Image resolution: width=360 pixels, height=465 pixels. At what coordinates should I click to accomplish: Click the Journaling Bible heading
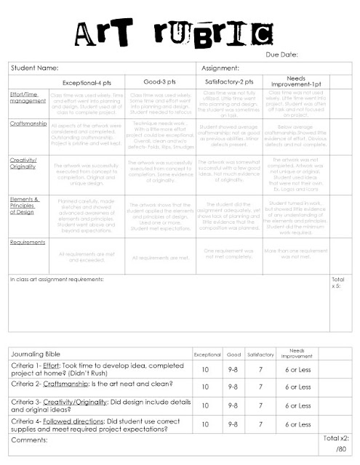tap(40, 354)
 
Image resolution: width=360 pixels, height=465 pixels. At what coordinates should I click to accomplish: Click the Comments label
tap(33, 440)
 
